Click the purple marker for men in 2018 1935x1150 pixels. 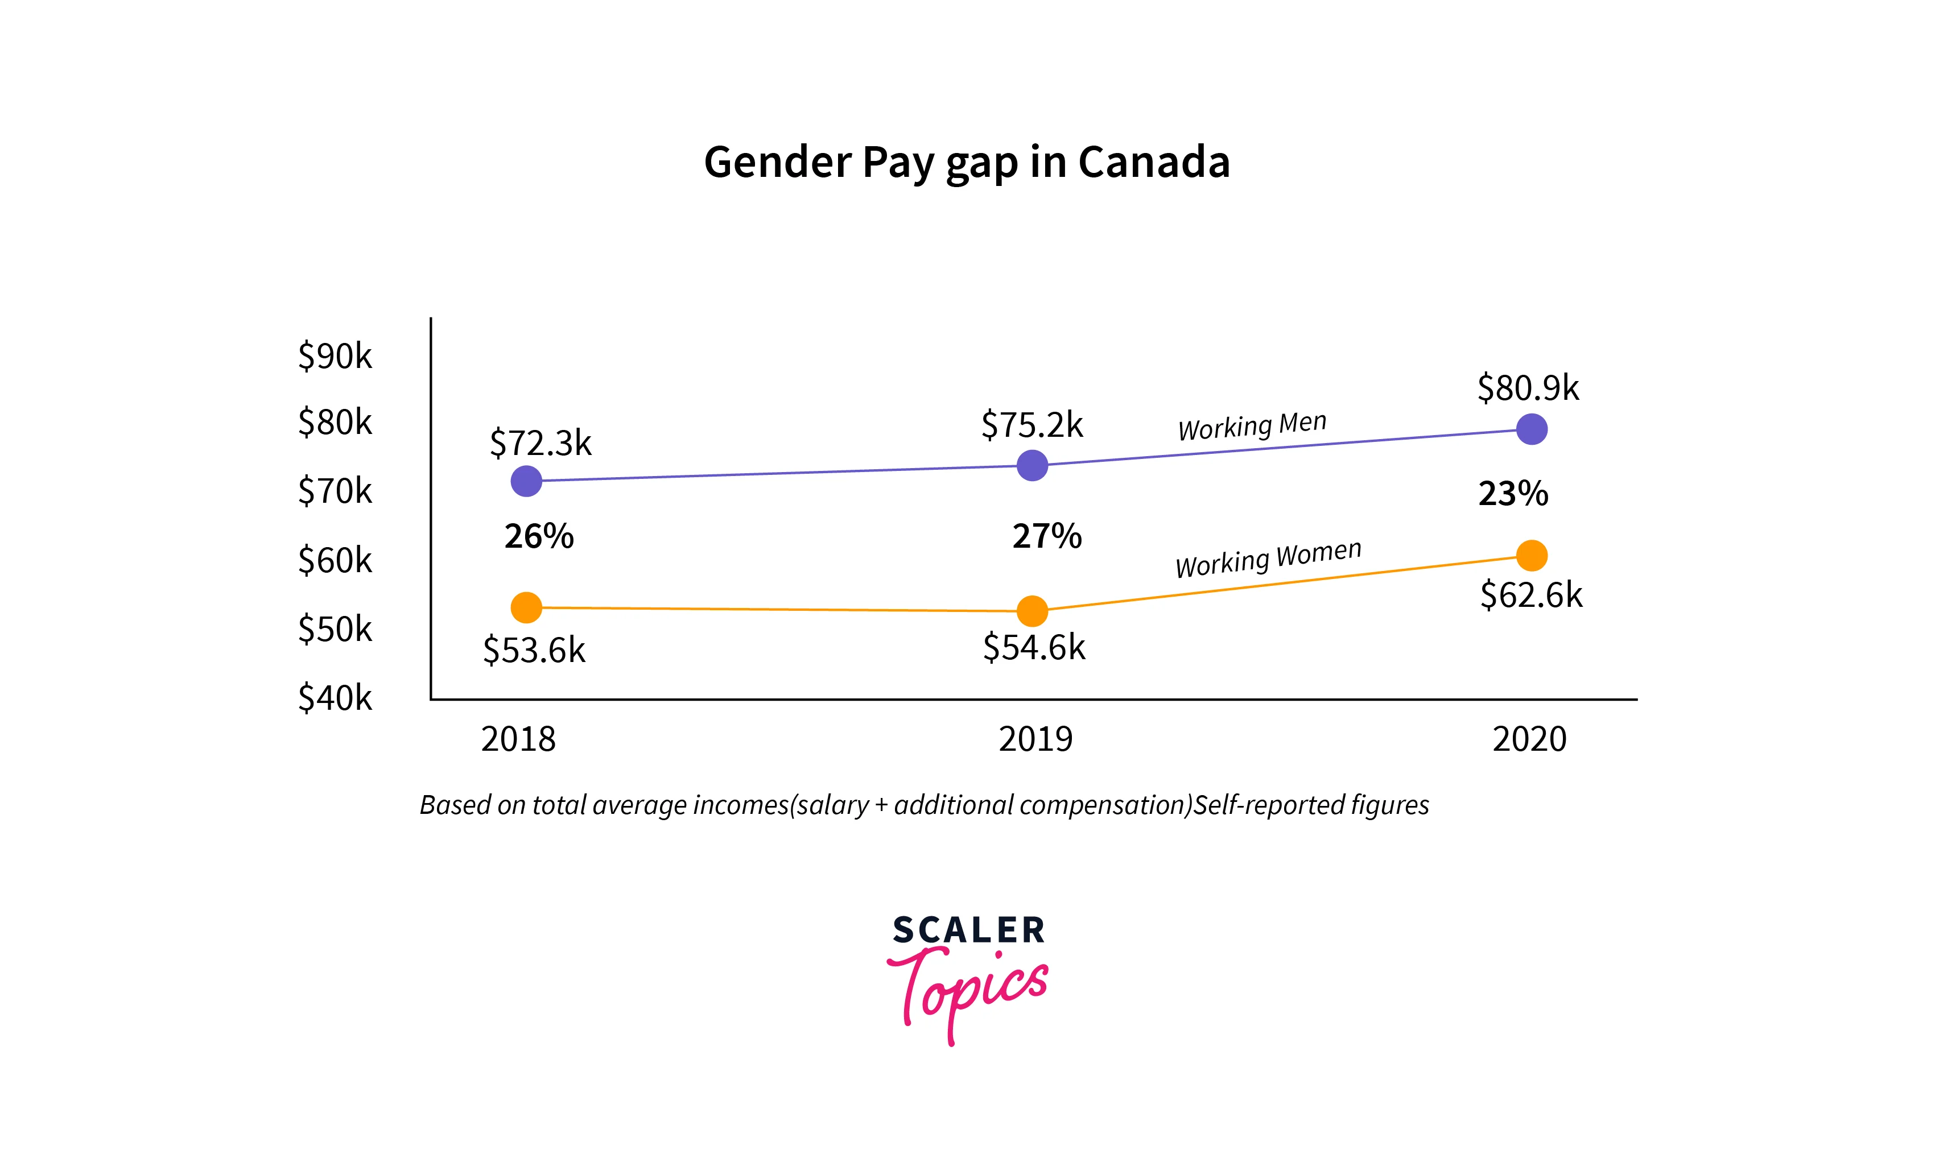tap(526, 481)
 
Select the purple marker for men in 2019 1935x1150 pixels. tap(1032, 465)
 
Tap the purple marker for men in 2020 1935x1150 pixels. tap(1531, 428)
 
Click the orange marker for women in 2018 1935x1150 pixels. tap(526, 607)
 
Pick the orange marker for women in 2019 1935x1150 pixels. tap(1032, 611)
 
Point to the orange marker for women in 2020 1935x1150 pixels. tap(1531, 555)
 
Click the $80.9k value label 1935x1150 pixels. tap(1527, 387)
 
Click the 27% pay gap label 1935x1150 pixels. tap(1046, 536)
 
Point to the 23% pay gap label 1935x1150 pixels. tap(1512, 493)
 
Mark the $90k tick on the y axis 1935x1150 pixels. tap(335, 355)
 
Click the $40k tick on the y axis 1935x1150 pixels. tap(335, 697)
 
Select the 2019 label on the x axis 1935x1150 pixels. tap(1035, 738)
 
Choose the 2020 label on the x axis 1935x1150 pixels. tap(1529, 738)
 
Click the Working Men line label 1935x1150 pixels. tap(1251, 425)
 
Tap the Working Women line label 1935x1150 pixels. tap(1268, 558)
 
